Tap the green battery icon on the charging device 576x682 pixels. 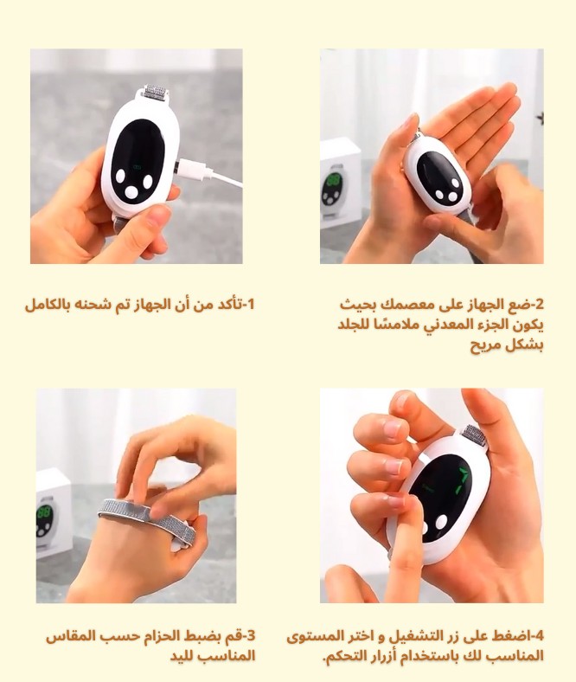[138, 166]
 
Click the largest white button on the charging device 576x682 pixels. [131, 191]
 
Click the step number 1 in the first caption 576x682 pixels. [250, 304]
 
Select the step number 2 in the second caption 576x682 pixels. [539, 304]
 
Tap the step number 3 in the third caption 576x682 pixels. [251, 636]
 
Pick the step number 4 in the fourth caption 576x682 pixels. [539, 636]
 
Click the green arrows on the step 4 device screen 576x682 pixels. [462, 481]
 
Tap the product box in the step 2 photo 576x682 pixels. [341, 183]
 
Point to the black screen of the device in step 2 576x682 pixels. [439, 178]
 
